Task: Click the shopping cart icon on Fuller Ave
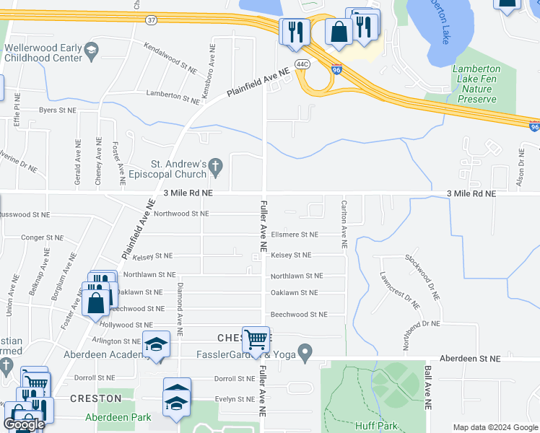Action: (x=256, y=338)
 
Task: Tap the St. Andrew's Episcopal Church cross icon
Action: (x=215, y=167)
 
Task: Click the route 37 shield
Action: (x=150, y=20)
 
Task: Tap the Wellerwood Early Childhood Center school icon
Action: (x=90, y=50)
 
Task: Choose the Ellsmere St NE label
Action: (x=294, y=235)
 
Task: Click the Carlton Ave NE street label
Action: (x=344, y=224)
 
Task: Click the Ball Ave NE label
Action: (x=428, y=388)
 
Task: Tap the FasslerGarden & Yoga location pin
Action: (x=305, y=354)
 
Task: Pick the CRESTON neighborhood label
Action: (x=95, y=398)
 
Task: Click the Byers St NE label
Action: (x=57, y=110)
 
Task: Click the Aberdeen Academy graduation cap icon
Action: (x=155, y=346)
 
